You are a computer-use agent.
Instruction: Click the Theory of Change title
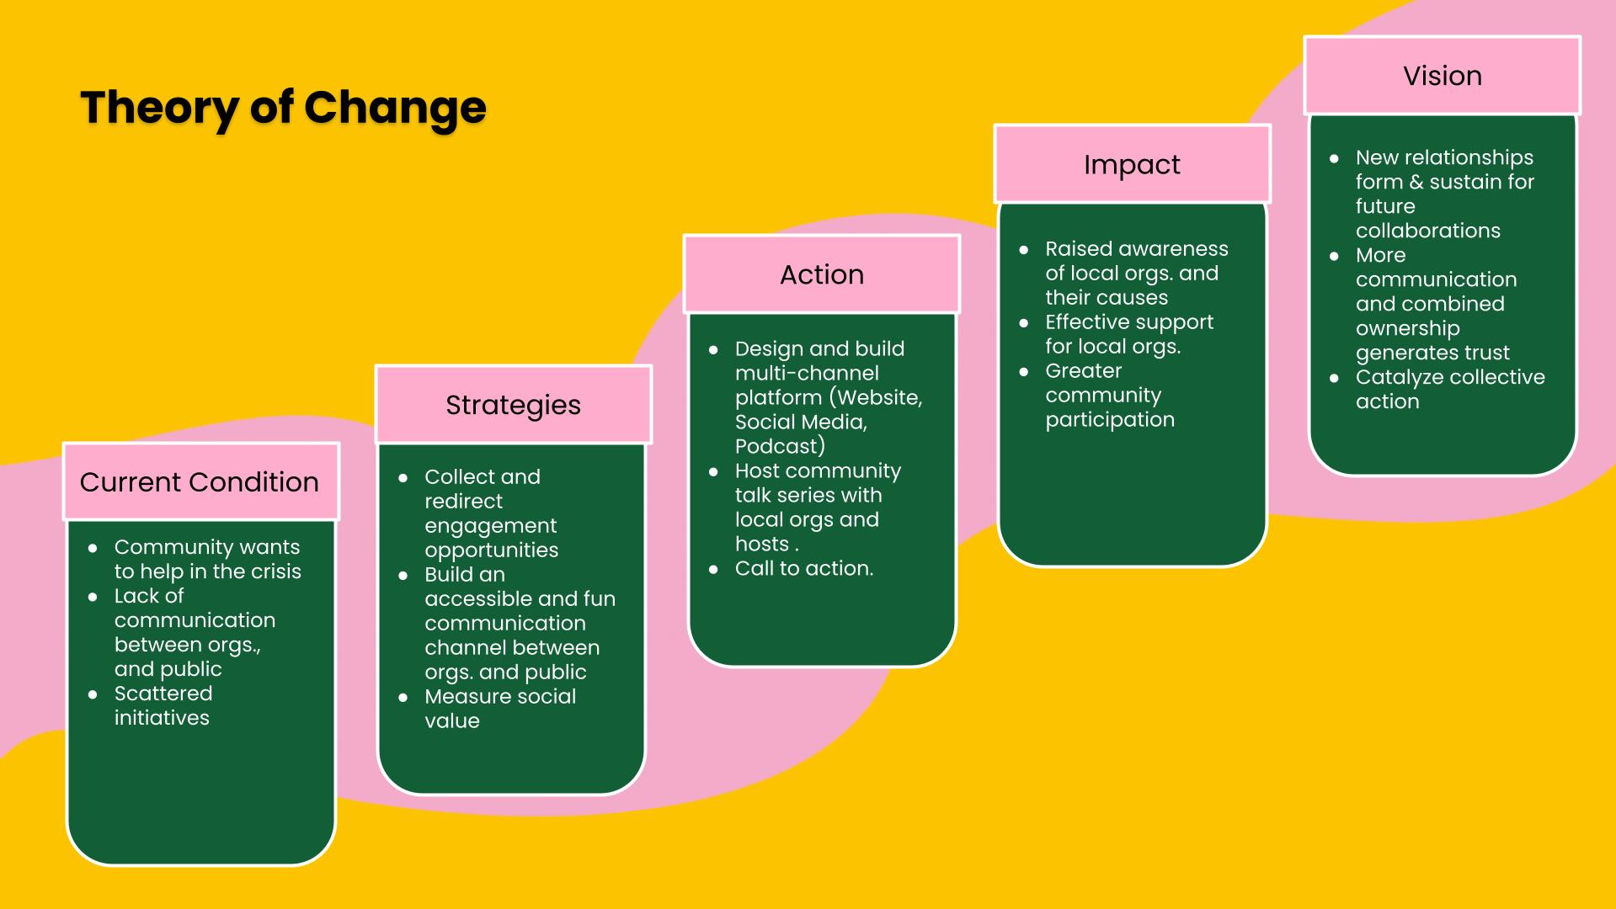[283, 109]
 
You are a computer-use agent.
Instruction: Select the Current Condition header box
[201, 481]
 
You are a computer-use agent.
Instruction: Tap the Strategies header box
[514, 405]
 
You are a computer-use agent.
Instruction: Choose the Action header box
[822, 274]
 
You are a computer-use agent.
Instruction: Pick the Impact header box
[1133, 164]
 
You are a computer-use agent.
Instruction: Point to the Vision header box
[1443, 76]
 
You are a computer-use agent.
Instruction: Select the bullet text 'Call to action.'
[804, 568]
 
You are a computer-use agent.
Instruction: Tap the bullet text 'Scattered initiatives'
[163, 705]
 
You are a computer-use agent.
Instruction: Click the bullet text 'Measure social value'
[500, 709]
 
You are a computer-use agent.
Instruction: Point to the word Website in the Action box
[878, 398]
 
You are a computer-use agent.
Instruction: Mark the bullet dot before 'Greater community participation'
[1024, 371]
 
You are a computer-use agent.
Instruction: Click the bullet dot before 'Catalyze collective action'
[1334, 378]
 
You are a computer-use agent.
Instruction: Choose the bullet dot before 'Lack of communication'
[93, 597]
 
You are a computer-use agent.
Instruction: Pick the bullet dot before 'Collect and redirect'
[403, 477]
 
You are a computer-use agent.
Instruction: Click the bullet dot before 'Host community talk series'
[713, 471]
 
